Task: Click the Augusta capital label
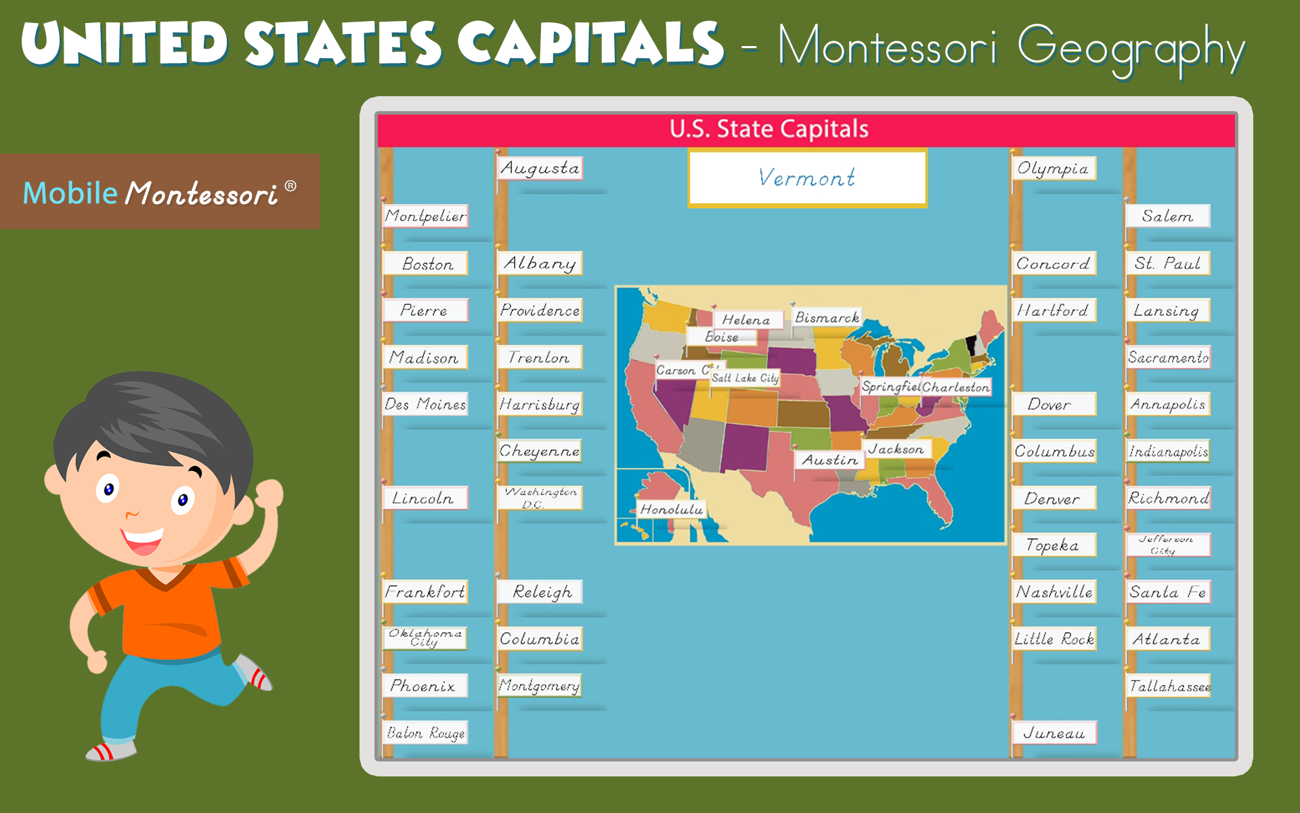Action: coord(540,168)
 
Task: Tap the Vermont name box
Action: coord(807,178)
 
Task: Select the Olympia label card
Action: coord(1053,168)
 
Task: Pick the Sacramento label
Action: coord(1168,357)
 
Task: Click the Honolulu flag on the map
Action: coord(672,509)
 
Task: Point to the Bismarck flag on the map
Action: coord(827,317)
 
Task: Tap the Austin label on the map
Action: coord(829,460)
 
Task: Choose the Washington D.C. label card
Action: coord(540,498)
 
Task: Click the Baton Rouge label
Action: coord(426,733)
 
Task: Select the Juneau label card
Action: coord(1054,733)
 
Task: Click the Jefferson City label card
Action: coord(1168,545)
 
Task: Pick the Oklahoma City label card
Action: coord(425,638)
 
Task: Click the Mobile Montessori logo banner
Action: coord(160,192)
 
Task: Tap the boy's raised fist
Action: coord(269,493)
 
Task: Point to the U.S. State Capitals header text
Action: coord(769,129)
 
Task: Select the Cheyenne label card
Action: coord(540,451)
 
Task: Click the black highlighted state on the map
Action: coord(971,346)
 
